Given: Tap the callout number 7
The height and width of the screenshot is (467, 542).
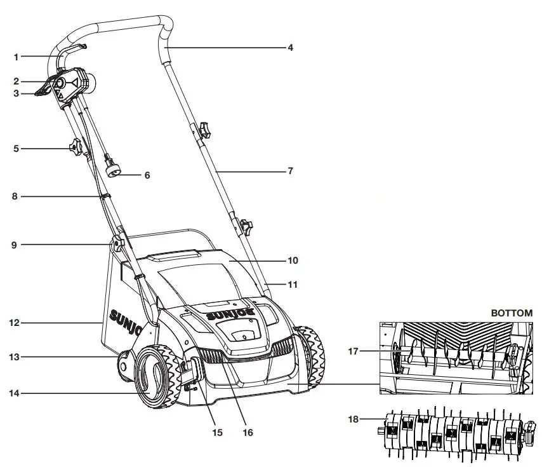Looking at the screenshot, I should [x=290, y=171].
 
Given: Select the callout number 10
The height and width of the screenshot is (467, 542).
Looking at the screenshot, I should [x=293, y=261].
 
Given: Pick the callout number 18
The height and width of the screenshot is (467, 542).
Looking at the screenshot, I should [x=355, y=419].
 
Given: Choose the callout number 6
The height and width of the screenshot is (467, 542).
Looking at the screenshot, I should [x=147, y=175].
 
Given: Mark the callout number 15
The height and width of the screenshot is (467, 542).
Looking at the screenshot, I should [x=217, y=433].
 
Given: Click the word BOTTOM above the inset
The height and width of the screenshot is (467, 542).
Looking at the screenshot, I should [x=512, y=313].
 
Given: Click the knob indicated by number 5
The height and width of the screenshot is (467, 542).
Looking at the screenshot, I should [x=75, y=149].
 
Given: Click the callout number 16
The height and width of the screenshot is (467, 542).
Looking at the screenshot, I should [x=248, y=433].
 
